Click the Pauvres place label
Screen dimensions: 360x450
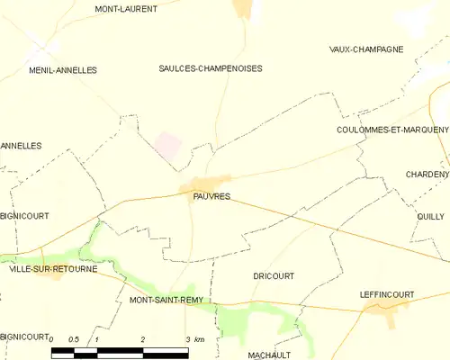coord(211,196)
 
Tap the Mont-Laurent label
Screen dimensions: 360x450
coord(126,9)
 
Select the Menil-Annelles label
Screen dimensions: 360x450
coord(62,69)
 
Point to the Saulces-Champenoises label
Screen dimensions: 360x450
coord(211,67)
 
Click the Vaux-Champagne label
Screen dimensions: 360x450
coord(366,49)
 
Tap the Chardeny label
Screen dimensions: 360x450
coord(427,174)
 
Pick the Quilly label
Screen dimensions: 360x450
coord(431,216)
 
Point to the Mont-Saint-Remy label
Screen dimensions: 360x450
coord(167,300)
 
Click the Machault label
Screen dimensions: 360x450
coord(269,355)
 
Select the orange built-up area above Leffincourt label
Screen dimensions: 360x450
coord(387,310)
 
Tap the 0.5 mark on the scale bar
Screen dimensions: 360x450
coord(74,339)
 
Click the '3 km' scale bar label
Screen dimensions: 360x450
coord(195,339)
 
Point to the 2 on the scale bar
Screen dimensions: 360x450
coord(143,339)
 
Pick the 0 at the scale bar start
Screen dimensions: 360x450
coord(52,339)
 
